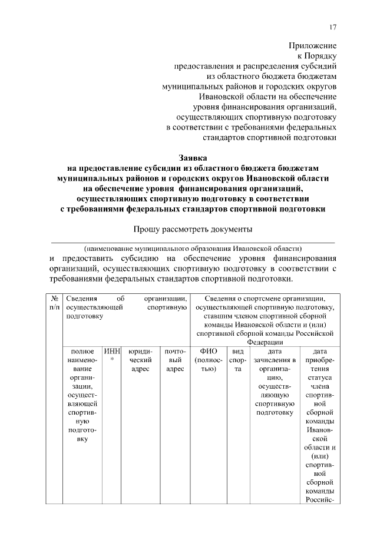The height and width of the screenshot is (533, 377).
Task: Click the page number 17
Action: click(333, 28)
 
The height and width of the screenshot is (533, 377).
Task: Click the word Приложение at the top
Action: click(312, 45)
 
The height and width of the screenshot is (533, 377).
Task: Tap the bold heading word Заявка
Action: click(193, 157)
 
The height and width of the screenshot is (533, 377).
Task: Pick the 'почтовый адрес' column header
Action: click(175, 360)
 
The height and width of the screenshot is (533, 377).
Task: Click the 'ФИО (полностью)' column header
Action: click(209, 360)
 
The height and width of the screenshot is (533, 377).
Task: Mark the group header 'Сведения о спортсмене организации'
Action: click(264, 299)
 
